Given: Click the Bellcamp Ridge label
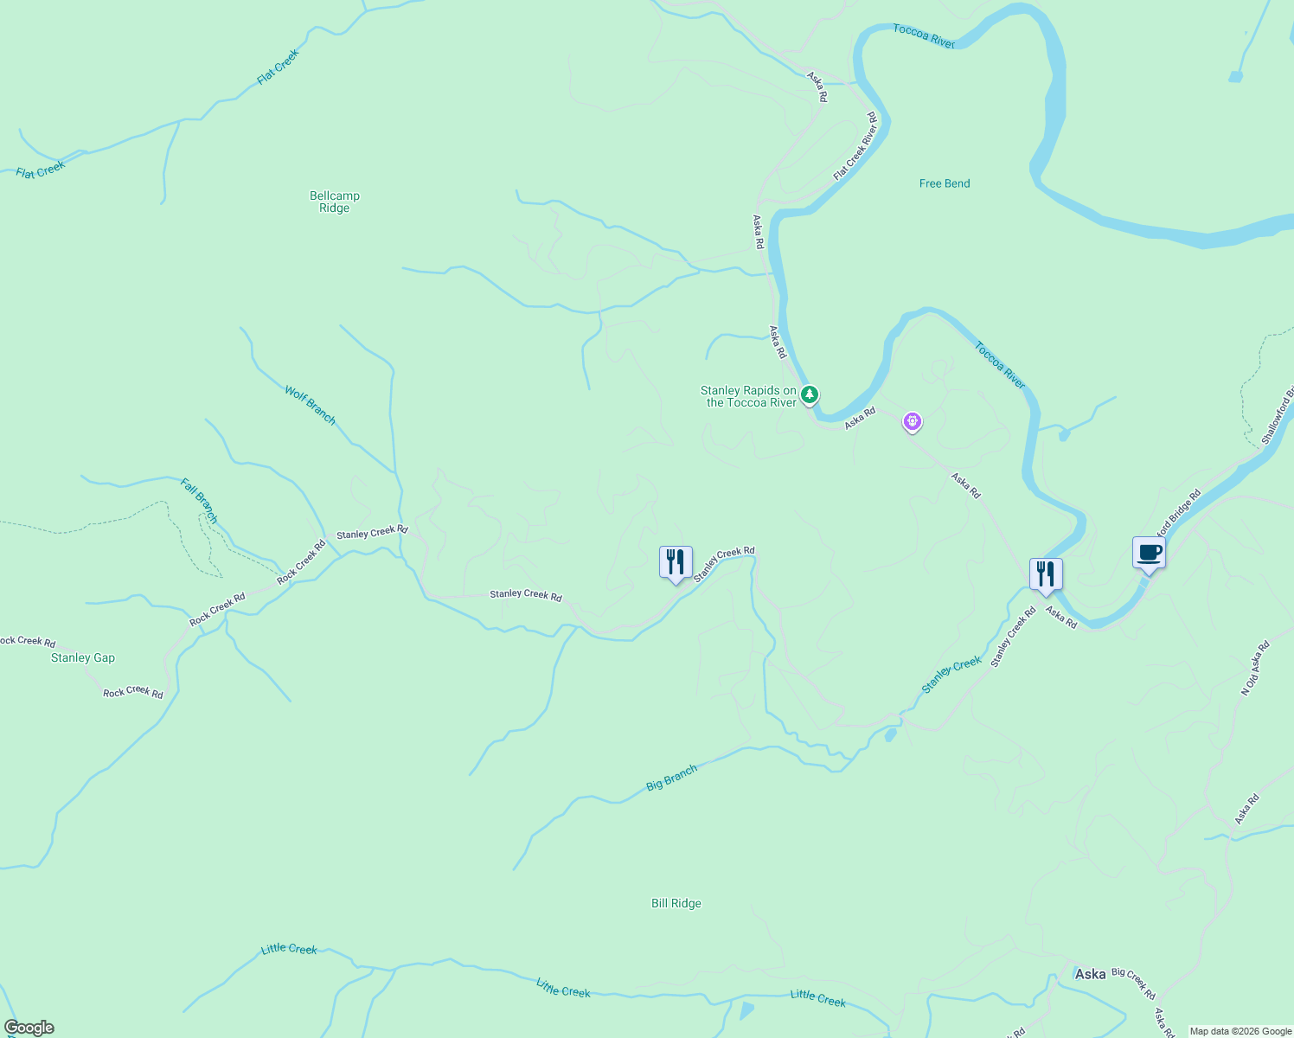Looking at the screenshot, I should [x=335, y=202].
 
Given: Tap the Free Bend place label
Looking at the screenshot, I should [x=944, y=183].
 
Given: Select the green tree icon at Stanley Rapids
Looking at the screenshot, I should [x=809, y=395].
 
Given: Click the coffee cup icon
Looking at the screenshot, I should [x=1149, y=553].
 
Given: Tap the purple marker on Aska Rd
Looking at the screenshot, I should [x=912, y=421].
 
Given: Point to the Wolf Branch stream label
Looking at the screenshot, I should [x=310, y=405].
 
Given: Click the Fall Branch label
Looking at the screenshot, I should [x=199, y=500].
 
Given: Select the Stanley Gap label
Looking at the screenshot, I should [x=83, y=657].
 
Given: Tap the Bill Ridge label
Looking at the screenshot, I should [x=676, y=903].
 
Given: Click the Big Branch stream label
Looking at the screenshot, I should [x=671, y=778].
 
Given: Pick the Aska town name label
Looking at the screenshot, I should [x=1090, y=974].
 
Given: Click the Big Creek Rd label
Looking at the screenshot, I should [x=1133, y=984].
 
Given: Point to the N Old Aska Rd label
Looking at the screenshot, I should [x=1255, y=668].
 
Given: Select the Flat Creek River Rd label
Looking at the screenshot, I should [x=855, y=146].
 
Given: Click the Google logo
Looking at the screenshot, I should [x=29, y=1028].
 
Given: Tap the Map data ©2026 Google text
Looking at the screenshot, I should [x=1240, y=1031].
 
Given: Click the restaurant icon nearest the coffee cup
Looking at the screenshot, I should [x=1045, y=574].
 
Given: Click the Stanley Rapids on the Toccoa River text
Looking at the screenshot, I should [x=748, y=396].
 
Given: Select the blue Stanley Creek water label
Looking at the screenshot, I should [x=951, y=675].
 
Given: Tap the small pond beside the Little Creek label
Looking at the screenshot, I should [x=746, y=1010].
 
